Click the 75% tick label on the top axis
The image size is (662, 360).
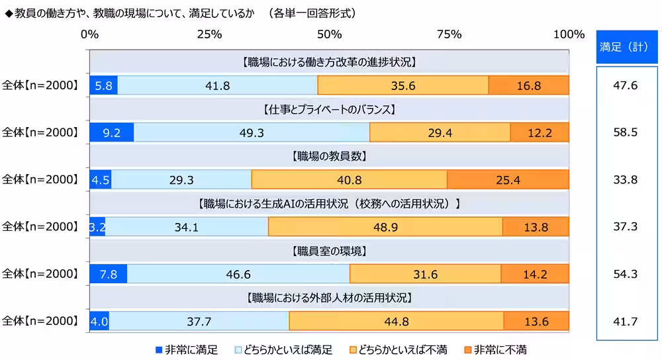pyautogui.click(x=449, y=34)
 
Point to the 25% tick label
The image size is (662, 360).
pyautogui.click(x=209, y=34)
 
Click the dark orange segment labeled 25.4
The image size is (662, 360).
pyautogui.click(x=508, y=179)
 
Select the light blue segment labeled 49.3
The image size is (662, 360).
pyautogui.click(x=252, y=132)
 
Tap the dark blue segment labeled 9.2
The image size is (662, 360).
pyautogui.click(x=111, y=132)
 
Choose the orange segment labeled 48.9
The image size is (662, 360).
pyautogui.click(x=385, y=227)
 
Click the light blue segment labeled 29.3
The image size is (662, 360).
pyautogui.click(x=181, y=179)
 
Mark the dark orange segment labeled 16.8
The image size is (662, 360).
pyautogui.click(x=528, y=85)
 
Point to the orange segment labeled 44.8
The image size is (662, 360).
pyautogui.click(x=396, y=321)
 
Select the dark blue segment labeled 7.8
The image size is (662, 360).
pyautogui.click(x=108, y=274)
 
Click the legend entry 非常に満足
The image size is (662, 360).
pyautogui.click(x=187, y=349)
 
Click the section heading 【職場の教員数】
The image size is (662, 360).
pyautogui.click(x=329, y=157)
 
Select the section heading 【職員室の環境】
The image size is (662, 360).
pyautogui.click(x=329, y=251)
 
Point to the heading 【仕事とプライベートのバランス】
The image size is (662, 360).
pyautogui.click(x=329, y=110)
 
